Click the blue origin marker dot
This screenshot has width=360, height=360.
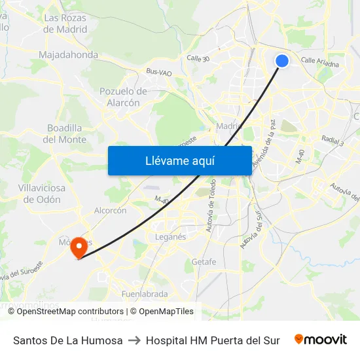point(282,61)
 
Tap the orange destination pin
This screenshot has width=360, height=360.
point(79,247)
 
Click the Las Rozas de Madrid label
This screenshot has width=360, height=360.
point(65,24)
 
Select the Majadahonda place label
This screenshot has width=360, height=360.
point(68,55)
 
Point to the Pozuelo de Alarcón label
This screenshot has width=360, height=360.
point(123,97)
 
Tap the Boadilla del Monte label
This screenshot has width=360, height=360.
point(65,134)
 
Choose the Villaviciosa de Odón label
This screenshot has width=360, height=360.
point(42,194)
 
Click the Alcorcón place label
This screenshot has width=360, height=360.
point(110,211)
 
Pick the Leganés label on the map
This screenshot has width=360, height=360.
point(170,237)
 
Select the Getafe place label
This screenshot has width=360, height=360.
point(204,262)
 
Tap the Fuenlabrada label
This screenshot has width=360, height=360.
point(145,294)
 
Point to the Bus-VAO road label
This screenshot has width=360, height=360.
point(158,72)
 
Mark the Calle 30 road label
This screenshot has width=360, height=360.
point(198,58)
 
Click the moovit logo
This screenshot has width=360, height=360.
point(320,340)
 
